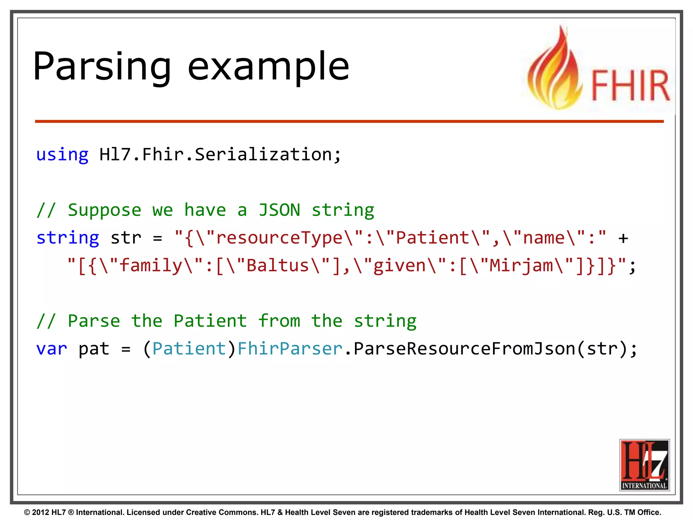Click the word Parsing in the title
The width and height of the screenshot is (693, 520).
pos(102,67)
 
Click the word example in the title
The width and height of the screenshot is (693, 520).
pos(268,67)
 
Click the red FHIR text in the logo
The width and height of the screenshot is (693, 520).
pos(630,85)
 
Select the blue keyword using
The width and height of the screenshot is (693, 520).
pos(62,155)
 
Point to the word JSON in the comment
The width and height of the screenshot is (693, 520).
pos(280,210)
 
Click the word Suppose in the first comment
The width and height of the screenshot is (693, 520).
pos(104,210)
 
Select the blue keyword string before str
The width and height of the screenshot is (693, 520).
pos(68,238)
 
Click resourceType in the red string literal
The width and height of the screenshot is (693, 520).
pos(280,238)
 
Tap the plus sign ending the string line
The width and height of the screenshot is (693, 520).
pos(623,238)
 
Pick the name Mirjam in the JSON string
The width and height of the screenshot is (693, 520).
pos(521,265)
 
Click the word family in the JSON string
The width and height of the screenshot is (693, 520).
pos(151,265)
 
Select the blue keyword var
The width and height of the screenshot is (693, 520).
pos(51,349)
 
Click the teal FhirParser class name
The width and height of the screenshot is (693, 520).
pos(290,349)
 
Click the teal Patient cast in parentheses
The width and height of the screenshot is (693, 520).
pos(189,349)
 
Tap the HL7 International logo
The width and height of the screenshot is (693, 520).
pos(644,465)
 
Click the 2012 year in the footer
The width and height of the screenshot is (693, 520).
pos(40,512)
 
